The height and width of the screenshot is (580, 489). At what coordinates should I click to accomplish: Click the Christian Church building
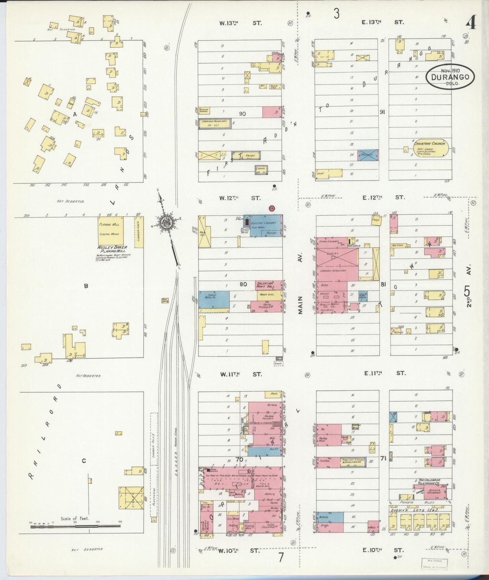point(430,149)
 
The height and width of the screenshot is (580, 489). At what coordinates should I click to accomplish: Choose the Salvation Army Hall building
point(269,285)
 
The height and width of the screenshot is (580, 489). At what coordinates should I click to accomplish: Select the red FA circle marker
point(271,208)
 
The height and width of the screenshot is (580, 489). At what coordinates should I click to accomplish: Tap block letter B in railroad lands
point(86,286)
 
